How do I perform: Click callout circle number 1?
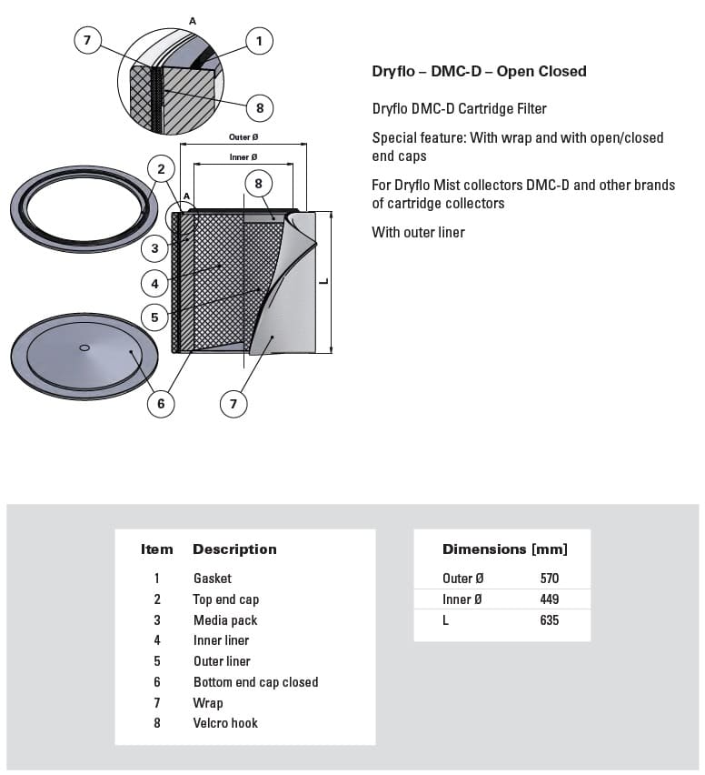259,40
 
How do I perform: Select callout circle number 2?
161,168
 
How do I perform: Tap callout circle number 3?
155,248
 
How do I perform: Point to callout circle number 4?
155,284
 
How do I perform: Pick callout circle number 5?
155,317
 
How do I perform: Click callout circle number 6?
161,404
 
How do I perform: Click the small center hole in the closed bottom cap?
84,347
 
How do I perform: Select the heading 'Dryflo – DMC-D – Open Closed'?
479,71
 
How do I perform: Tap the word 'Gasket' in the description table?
212,579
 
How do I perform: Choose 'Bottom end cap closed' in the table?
255,682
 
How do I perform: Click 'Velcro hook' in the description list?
225,723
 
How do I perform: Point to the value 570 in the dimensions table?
549,579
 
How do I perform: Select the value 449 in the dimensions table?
549,599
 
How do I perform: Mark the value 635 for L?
549,620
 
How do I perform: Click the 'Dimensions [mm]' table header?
504,549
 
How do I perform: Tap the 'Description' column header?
234,549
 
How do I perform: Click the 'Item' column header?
156,549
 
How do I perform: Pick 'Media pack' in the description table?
225,620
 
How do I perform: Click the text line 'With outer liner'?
418,232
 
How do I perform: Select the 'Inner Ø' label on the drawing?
243,157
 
